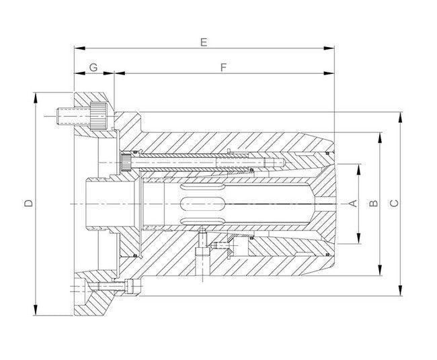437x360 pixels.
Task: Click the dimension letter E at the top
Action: point(204,42)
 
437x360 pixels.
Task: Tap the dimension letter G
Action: point(93,67)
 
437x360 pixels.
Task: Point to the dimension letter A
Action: point(350,202)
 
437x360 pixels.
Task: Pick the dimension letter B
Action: point(374,202)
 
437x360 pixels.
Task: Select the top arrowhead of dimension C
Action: point(401,116)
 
